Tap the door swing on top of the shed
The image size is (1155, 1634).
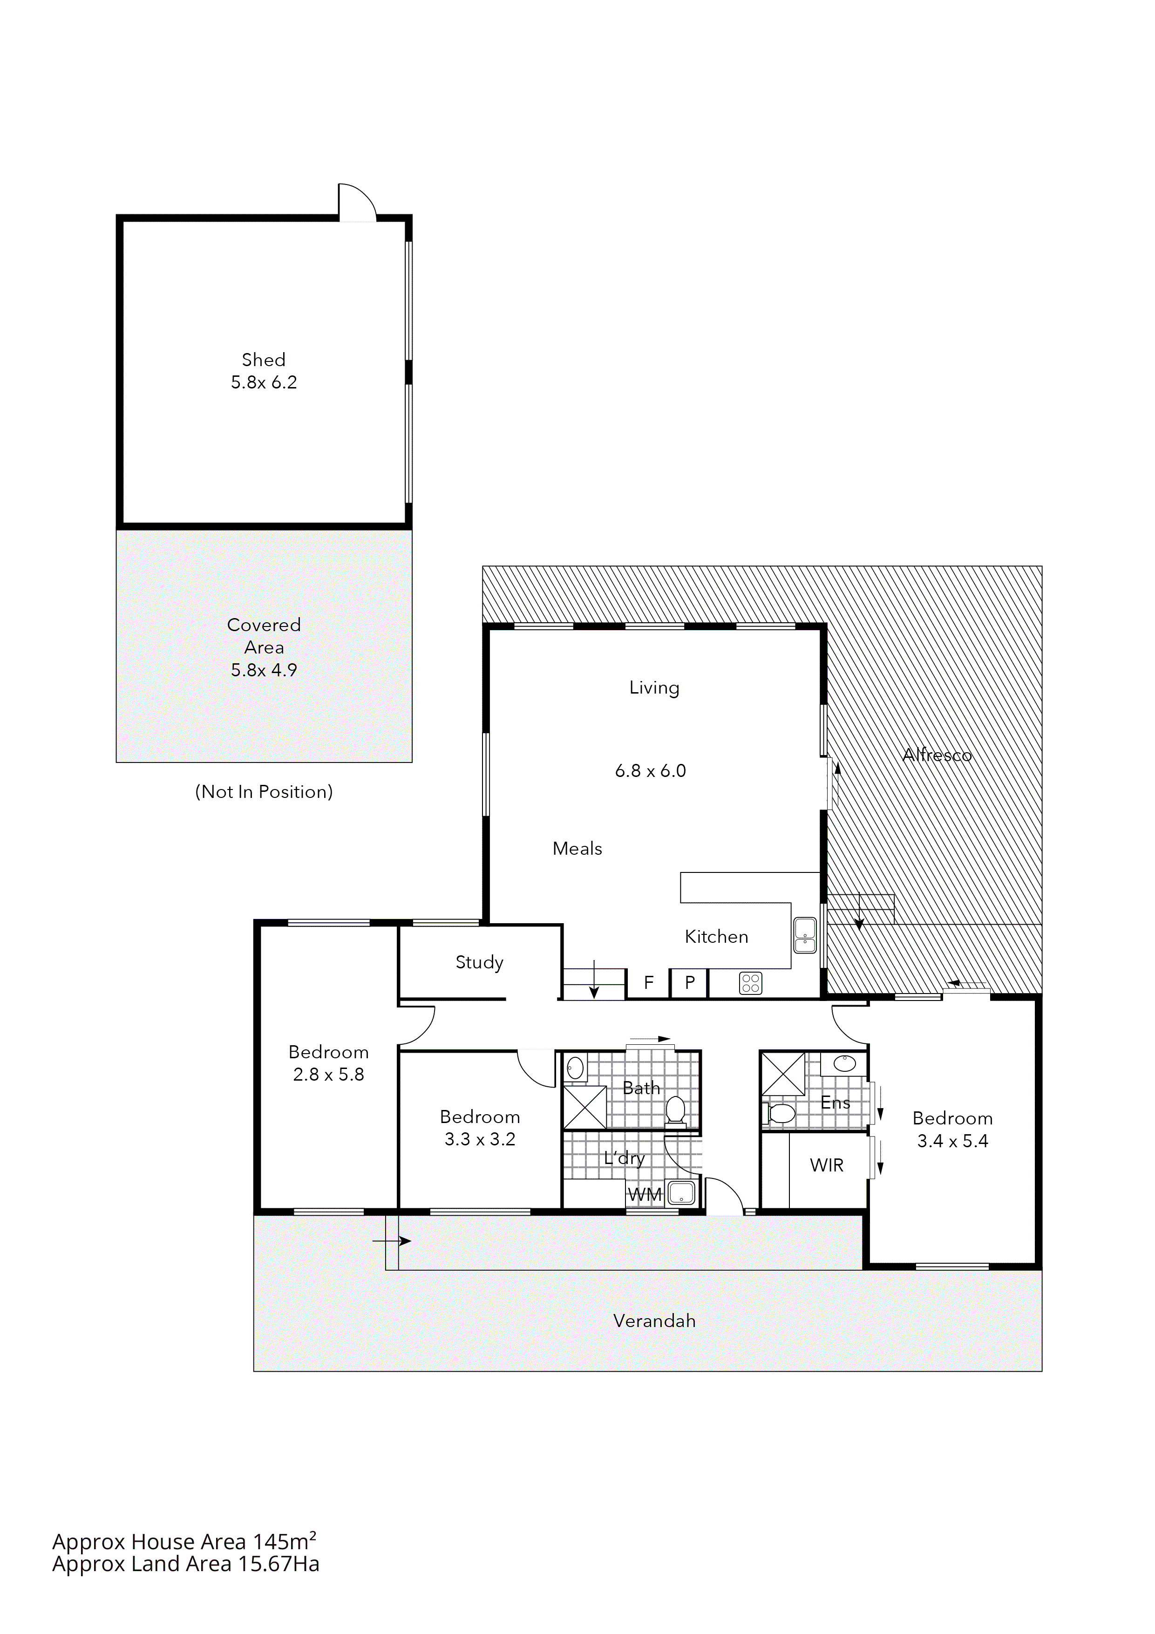[356, 203]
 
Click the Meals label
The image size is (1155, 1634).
[577, 849]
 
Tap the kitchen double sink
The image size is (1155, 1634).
[805, 936]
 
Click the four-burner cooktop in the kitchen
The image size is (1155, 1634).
[751, 984]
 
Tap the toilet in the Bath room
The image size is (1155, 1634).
[675, 1110]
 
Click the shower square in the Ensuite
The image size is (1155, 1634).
[783, 1074]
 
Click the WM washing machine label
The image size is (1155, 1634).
[645, 1195]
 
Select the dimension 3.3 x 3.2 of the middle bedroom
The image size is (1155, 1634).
[480, 1139]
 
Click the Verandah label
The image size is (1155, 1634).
[654, 1321]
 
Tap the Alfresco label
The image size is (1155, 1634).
[937, 756]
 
